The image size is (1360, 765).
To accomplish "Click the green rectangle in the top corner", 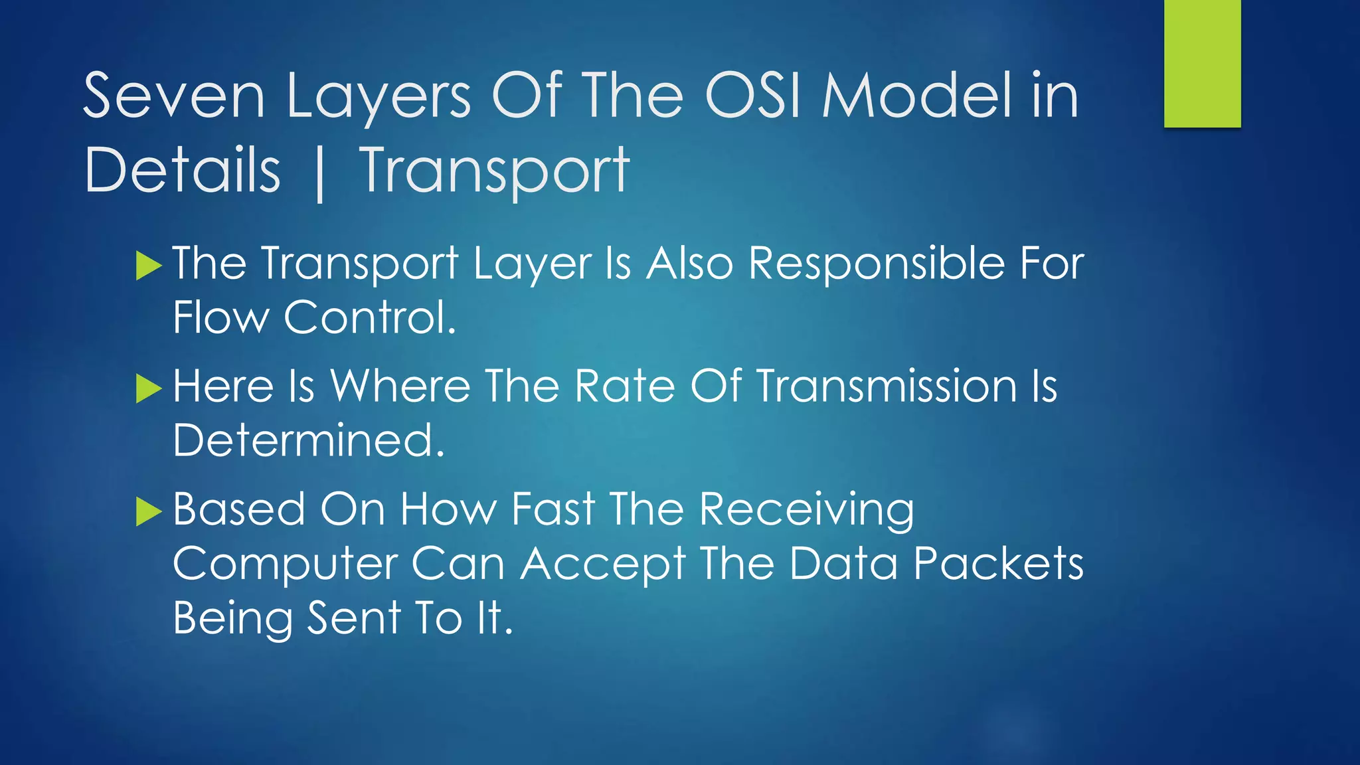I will (x=1202, y=64).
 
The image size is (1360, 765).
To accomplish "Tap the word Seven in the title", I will (x=174, y=97).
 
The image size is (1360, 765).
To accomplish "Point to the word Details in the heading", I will (x=183, y=171).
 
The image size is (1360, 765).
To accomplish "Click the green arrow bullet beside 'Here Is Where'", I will (x=149, y=388).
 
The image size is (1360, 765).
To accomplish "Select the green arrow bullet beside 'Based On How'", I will (x=149, y=511).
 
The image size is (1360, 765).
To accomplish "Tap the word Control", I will (x=369, y=317).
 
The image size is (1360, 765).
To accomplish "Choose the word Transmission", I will (x=887, y=386).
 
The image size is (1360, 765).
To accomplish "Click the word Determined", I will (x=308, y=440).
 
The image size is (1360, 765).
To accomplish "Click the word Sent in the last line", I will (x=354, y=618).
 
